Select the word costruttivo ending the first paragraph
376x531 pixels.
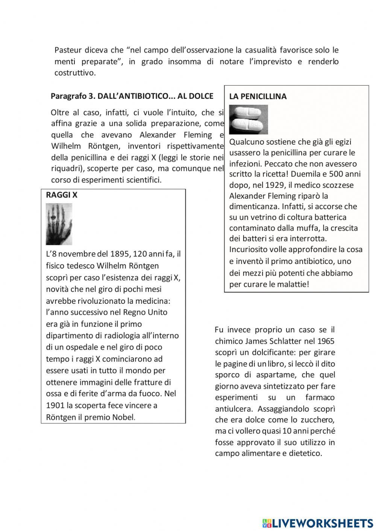74,73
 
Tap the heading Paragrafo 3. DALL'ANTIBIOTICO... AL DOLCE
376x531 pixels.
132,96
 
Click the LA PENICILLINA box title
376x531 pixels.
258,97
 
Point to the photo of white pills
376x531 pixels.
249,119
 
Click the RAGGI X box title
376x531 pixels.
62,195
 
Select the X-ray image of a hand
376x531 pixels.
59,224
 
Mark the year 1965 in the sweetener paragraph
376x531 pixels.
326,341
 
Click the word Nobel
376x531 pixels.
123,417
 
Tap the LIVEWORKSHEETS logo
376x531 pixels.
317,523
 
